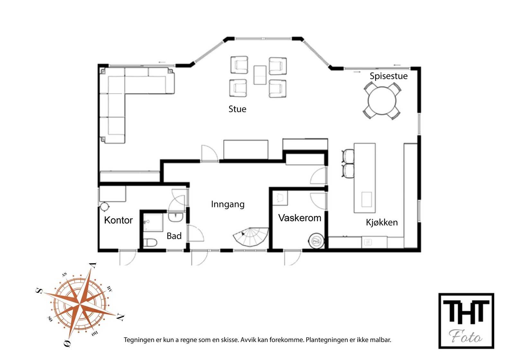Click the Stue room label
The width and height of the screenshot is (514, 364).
pyautogui.click(x=237, y=109)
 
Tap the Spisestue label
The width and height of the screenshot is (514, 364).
pyautogui.click(x=388, y=76)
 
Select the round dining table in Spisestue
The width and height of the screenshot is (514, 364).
pyautogui.click(x=382, y=101)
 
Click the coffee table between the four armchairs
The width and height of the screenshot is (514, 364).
pyautogui.click(x=260, y=75)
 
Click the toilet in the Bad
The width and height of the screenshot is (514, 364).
pyautogui.click(x=150, y=242)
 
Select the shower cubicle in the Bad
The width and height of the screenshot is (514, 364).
pyautogui.click(x=153, y=222)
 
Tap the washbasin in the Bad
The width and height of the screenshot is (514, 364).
pyautogui.click(x=175, y=217)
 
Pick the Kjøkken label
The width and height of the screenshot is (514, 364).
pyautogui.click(x=382, y=223)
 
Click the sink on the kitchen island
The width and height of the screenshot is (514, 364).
pyautogui.click(x=366, y=199)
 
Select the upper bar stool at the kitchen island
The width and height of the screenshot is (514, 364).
pyautogui.click(x=348, y=156)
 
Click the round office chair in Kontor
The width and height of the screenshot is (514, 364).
pyautogui.click(x=104, y=206)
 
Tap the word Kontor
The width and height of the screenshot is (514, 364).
pyautogui.click(x=118, y=220)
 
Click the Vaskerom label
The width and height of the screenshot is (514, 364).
pyautogui.click(x=299, y=218)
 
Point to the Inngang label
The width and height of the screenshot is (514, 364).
pyautogui.click(x=227, y=205)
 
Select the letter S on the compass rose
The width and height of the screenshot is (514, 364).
pyautogui.click(x=39, y=291)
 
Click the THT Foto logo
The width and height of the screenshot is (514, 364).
pyautogui.click(x=466, y=321)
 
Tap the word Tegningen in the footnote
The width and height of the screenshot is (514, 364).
pyautogui.click(x=139, y=340)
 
